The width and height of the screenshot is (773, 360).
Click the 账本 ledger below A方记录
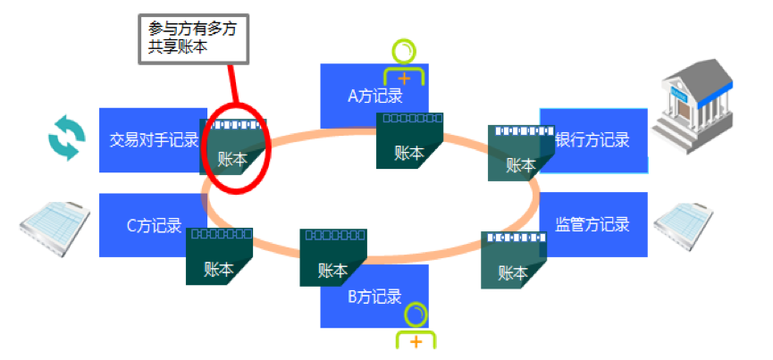click(410, 141)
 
